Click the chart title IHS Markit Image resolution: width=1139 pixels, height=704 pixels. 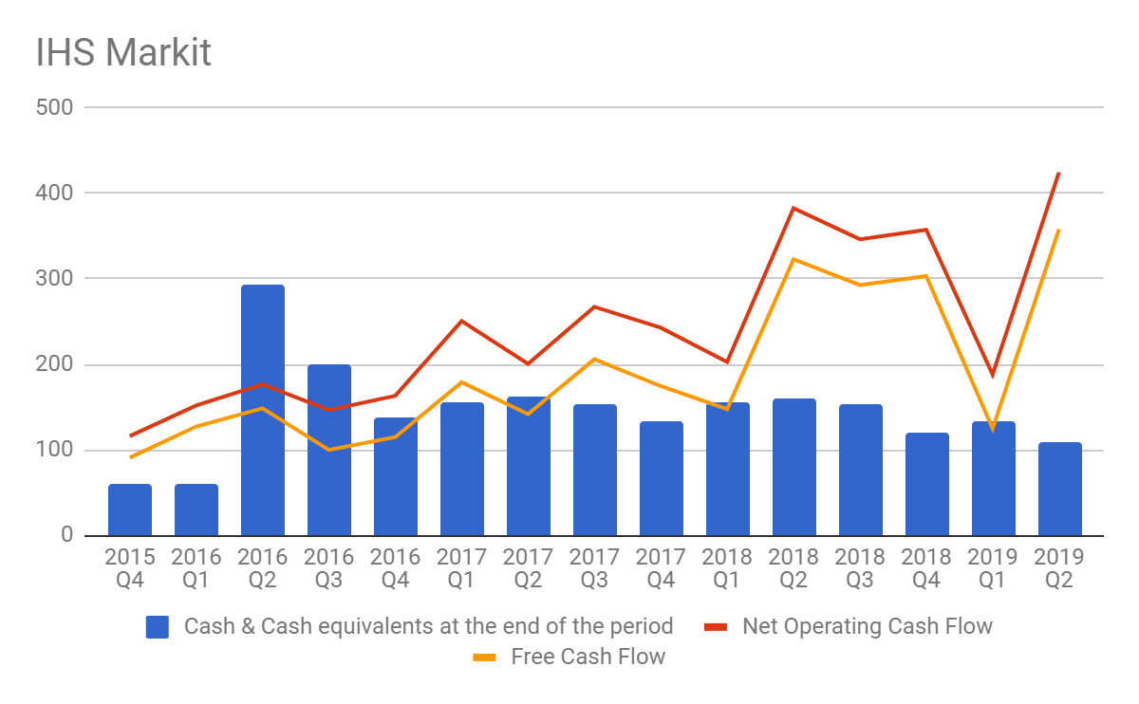(123, 52)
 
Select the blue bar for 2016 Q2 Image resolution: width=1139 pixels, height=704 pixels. (263, 410)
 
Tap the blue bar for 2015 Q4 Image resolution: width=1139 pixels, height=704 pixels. (130, 509)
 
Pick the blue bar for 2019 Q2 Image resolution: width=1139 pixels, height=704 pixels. (1060, 489)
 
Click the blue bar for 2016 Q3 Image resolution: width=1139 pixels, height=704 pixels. (329, 450)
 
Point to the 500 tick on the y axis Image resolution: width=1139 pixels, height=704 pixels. (54, 107)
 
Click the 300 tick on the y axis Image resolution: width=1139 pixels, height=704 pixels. (54, 279)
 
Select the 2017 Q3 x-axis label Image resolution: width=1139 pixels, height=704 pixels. (595, 567)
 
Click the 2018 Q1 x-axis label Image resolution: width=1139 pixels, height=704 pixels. (728, 567)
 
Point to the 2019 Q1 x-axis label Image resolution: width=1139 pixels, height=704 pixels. (994, 567)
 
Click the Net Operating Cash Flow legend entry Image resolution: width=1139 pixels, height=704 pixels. (867, 626)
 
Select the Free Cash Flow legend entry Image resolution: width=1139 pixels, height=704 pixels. (588, 657)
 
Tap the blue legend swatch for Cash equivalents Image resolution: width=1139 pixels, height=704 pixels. (158, 627)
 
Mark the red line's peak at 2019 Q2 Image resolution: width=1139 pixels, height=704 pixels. (1059, 173)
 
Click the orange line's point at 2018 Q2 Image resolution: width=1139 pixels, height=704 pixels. (794, 259)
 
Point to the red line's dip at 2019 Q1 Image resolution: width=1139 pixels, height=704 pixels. (993, 376)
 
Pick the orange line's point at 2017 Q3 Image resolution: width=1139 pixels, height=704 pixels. (595, 359)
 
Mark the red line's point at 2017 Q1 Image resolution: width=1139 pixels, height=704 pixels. (462, 321)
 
